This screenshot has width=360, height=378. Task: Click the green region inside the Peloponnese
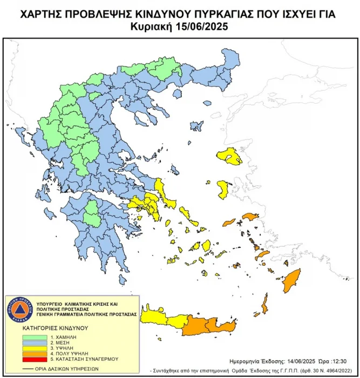[92, 212]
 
